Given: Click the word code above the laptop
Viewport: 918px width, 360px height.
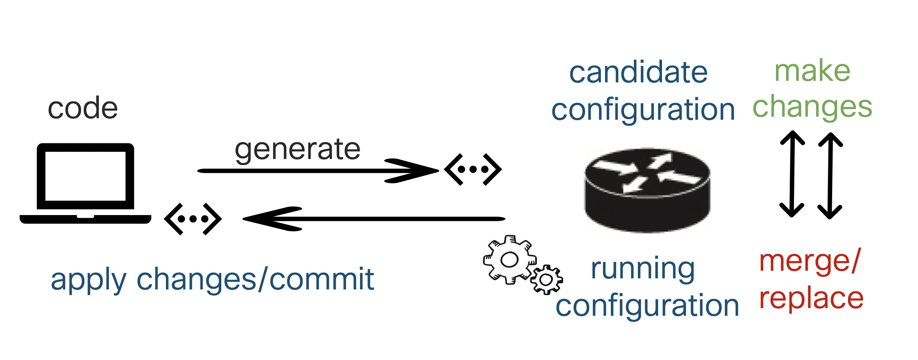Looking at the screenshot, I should (83, 108).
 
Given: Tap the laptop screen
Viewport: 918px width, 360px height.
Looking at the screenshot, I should (85, 176).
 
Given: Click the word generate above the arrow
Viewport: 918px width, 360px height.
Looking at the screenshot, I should (297, 149).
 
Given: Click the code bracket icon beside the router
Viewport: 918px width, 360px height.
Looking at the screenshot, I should (473, 170).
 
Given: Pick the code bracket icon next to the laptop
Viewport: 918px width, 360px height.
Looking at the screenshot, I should (193, 219).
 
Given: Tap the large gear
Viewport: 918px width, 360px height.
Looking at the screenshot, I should (509, 260).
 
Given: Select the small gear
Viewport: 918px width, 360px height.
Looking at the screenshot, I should (546, 280).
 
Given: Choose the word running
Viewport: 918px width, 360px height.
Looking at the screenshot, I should (643, 269).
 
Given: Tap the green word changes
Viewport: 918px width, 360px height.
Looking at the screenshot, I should (812, 107).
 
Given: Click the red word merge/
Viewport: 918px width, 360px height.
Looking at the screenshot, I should (810, 262).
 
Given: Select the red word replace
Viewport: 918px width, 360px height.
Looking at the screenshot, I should (811, 299).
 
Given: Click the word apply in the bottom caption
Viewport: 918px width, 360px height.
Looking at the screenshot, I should (88, 280).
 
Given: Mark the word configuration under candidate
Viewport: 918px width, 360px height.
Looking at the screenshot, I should (643, 110).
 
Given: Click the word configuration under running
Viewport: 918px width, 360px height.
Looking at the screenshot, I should (647, 306).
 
